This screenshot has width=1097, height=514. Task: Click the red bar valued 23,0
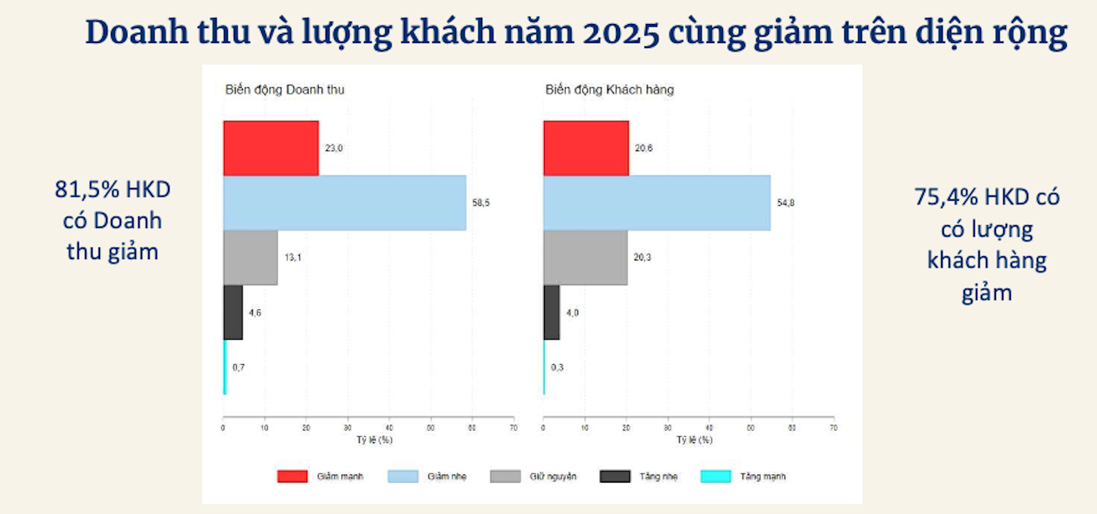[x=271, y=148]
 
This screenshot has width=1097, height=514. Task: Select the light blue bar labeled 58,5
[x=345, y=203]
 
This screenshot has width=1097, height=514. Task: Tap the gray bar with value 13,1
[x=250, y=258]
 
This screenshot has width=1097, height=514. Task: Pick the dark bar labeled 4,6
[x=233, y=313]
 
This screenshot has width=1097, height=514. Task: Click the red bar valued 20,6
[x=586, y=148]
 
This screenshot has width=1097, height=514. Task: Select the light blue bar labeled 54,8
[x=657, y=203]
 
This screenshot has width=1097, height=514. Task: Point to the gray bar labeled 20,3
[x=586, y=258]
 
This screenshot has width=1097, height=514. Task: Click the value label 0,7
[x=239, y=368]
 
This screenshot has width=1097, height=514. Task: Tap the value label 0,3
[x=557, y=368]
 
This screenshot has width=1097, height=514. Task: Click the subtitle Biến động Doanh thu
[x=285, y=90]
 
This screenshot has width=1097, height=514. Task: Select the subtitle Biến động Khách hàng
[x=610, y=90]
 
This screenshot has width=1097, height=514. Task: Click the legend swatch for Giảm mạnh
[x=293, y=476]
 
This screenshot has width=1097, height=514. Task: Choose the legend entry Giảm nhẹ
[x=447, y=476]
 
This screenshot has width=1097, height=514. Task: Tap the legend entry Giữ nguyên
[x=552, y=476]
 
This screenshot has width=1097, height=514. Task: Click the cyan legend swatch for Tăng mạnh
[x=716, y=476]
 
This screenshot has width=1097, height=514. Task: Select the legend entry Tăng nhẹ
[x=658, y=476]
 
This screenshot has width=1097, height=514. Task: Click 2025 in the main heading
[x=620, y=33]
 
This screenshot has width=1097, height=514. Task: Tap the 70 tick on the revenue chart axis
[x=514, y=428]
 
